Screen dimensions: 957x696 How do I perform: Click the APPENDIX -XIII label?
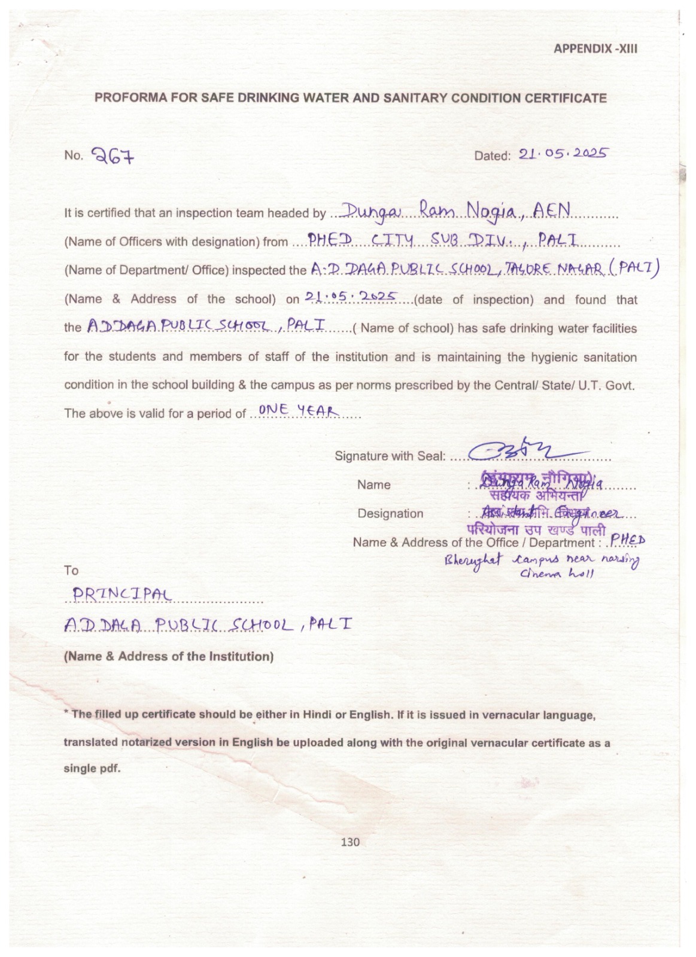click(595, 49)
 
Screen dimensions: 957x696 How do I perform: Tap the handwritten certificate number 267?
click(113, 156)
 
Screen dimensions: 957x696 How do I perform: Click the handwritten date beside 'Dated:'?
click(563, 154)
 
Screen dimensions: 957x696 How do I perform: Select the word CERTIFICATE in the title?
click(566, 98)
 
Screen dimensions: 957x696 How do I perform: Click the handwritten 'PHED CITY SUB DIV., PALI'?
click(442, 240)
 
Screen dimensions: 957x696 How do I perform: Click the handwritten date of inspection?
click(351, 296)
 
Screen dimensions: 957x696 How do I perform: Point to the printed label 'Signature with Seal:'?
click(390, 456)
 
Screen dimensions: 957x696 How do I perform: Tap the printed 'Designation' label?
click(390, 514)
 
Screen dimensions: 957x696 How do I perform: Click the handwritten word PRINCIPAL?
click(121, 594)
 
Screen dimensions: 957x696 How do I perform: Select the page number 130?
click(350, 842)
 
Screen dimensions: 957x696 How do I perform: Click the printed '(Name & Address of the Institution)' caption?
click(169, 656)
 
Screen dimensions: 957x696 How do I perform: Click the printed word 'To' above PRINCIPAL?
click(71, 571)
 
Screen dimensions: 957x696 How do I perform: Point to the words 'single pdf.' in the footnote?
click(92, 769)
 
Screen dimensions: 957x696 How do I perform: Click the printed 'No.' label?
click(73, 156)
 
